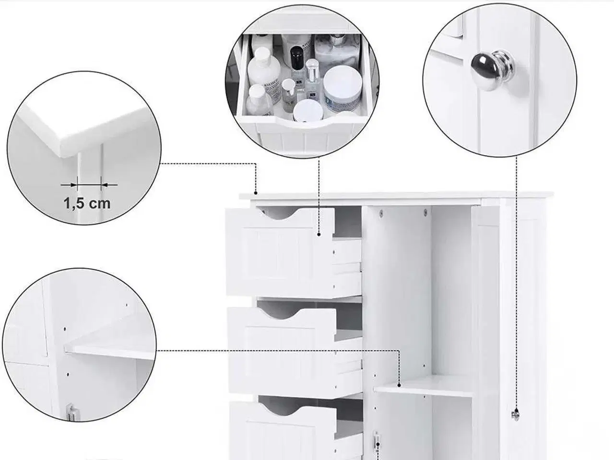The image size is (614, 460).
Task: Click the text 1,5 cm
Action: click(x=87, y=203)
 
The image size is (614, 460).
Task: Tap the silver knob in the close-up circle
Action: click(x=493, y=70)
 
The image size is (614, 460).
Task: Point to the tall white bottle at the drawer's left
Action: click(x=264, y=73)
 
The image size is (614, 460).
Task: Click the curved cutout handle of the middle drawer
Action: click(x=280, y=314)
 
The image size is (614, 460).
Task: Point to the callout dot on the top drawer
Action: click(x=319, y=235)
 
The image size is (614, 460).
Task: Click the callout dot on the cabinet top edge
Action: click(x=256, y=193)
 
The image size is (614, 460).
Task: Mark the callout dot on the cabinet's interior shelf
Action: click(x=399, y=385)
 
